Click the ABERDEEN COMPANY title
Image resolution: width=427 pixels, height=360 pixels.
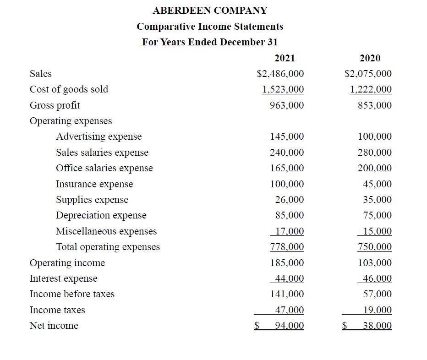click(x=210, y=10)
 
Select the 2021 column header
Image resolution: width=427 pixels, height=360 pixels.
click(x=285, y=58)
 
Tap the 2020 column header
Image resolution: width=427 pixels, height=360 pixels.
click(x=370, y=58)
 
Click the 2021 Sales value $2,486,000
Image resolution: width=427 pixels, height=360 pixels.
click(x=280, y=74)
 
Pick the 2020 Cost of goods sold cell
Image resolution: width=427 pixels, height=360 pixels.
click(x=371, y=89)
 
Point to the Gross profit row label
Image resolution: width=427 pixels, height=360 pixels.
click(x=55, y=105)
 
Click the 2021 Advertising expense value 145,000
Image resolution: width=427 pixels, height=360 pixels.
click(x=287, y=136)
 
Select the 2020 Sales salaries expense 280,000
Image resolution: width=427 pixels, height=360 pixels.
click(x=374, y=152)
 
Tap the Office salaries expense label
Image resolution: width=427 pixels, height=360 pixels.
click(x=104, y=168)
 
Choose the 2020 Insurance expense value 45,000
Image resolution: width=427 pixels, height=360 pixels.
click(x=377, y=184)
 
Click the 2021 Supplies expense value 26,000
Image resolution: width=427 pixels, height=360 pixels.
click(x=289, y=200)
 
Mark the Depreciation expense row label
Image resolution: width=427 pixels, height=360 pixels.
click(x=101, y=215)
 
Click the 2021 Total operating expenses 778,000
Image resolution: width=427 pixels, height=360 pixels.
click(x=287, y=247)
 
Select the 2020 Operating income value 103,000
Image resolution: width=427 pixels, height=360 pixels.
click(x=374, y=263)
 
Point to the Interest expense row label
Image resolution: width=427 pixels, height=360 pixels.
click(x=63, y=278)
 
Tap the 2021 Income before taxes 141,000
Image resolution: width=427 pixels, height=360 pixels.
click(x=287, y=294)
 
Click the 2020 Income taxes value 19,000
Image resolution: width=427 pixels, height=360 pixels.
click(x=377, y=310)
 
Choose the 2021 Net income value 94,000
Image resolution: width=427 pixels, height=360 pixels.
click(x=289, y=326)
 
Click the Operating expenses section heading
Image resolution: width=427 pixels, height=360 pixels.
click(x=71, y=121)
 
